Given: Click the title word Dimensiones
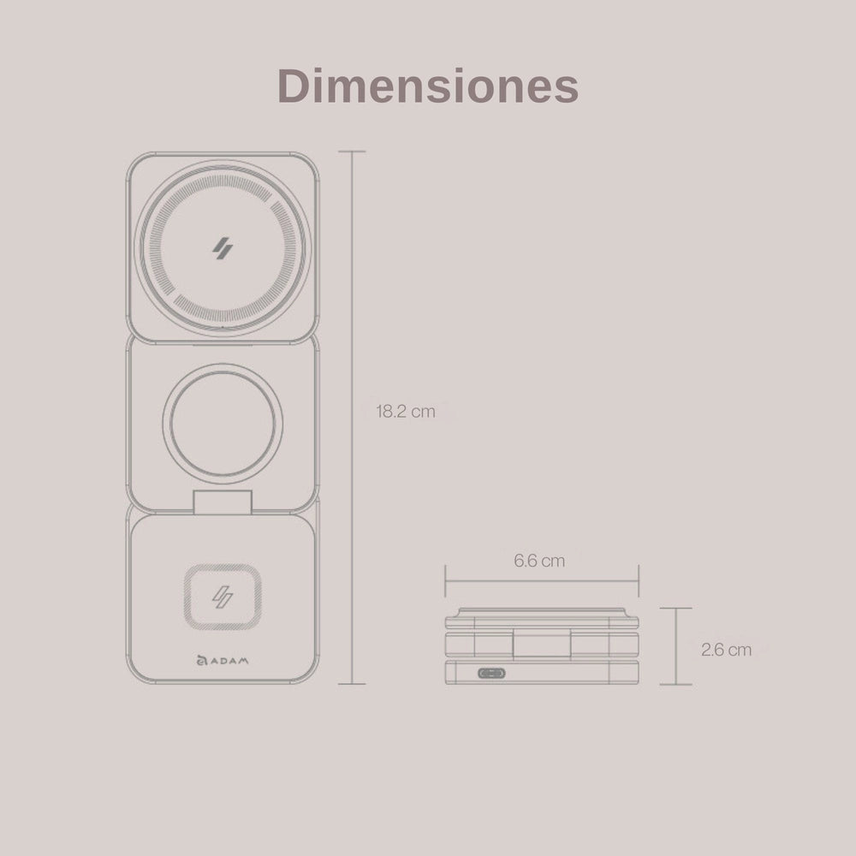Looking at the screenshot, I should (x=428, y=86).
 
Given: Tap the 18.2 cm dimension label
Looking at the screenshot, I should (x=406, y=411).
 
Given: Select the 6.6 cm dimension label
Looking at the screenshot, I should (x=539, y=562).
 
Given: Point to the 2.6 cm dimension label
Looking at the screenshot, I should (x=726, y=650).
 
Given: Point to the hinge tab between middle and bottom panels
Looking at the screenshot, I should (x=223, y=503).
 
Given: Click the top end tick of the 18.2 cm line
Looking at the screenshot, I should (x=352, y=152).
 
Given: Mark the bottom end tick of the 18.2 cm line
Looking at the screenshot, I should (x=352, y=684).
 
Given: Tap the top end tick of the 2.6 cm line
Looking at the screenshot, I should (x=676, y=609).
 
